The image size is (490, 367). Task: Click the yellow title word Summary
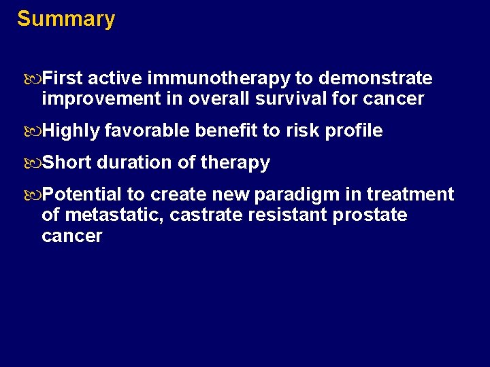point(66,19)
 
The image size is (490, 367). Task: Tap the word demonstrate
point(376,79)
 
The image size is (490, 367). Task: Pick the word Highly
point(71,131)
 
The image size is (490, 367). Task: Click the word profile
point(356,131)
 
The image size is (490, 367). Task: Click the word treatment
point(410,195)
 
